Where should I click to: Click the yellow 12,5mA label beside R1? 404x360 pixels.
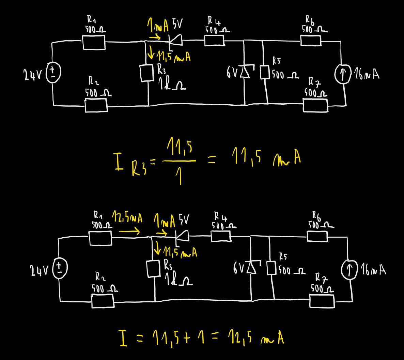[x=127, y=218]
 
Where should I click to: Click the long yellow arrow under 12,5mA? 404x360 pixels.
[x=129, y=232]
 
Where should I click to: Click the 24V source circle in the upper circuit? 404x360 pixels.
[x=53, y=73]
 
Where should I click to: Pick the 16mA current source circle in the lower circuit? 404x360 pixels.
[x=349, y=270]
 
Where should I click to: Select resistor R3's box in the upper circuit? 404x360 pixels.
[x=147, y=73]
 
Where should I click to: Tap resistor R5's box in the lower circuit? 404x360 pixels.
[x=271, y=268]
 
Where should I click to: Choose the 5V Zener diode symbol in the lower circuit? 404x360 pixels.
[x=182, y=235]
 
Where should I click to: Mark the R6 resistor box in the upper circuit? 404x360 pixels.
[x=311, y=41]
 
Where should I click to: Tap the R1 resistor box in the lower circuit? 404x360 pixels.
[x=100, y=238]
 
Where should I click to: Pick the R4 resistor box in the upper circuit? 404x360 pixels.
[x=214, y=40]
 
